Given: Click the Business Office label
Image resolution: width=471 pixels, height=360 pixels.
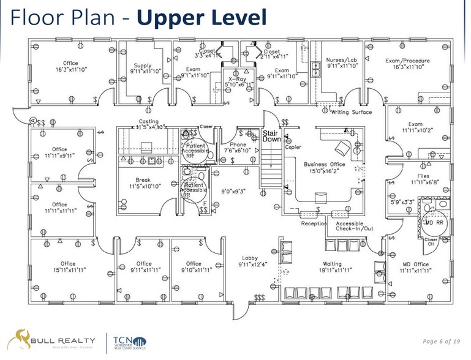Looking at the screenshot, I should pyautogui.click(x=325, y=167).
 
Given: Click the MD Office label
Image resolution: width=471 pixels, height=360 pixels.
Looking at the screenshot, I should pyautogui.click(x=414, y=267).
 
